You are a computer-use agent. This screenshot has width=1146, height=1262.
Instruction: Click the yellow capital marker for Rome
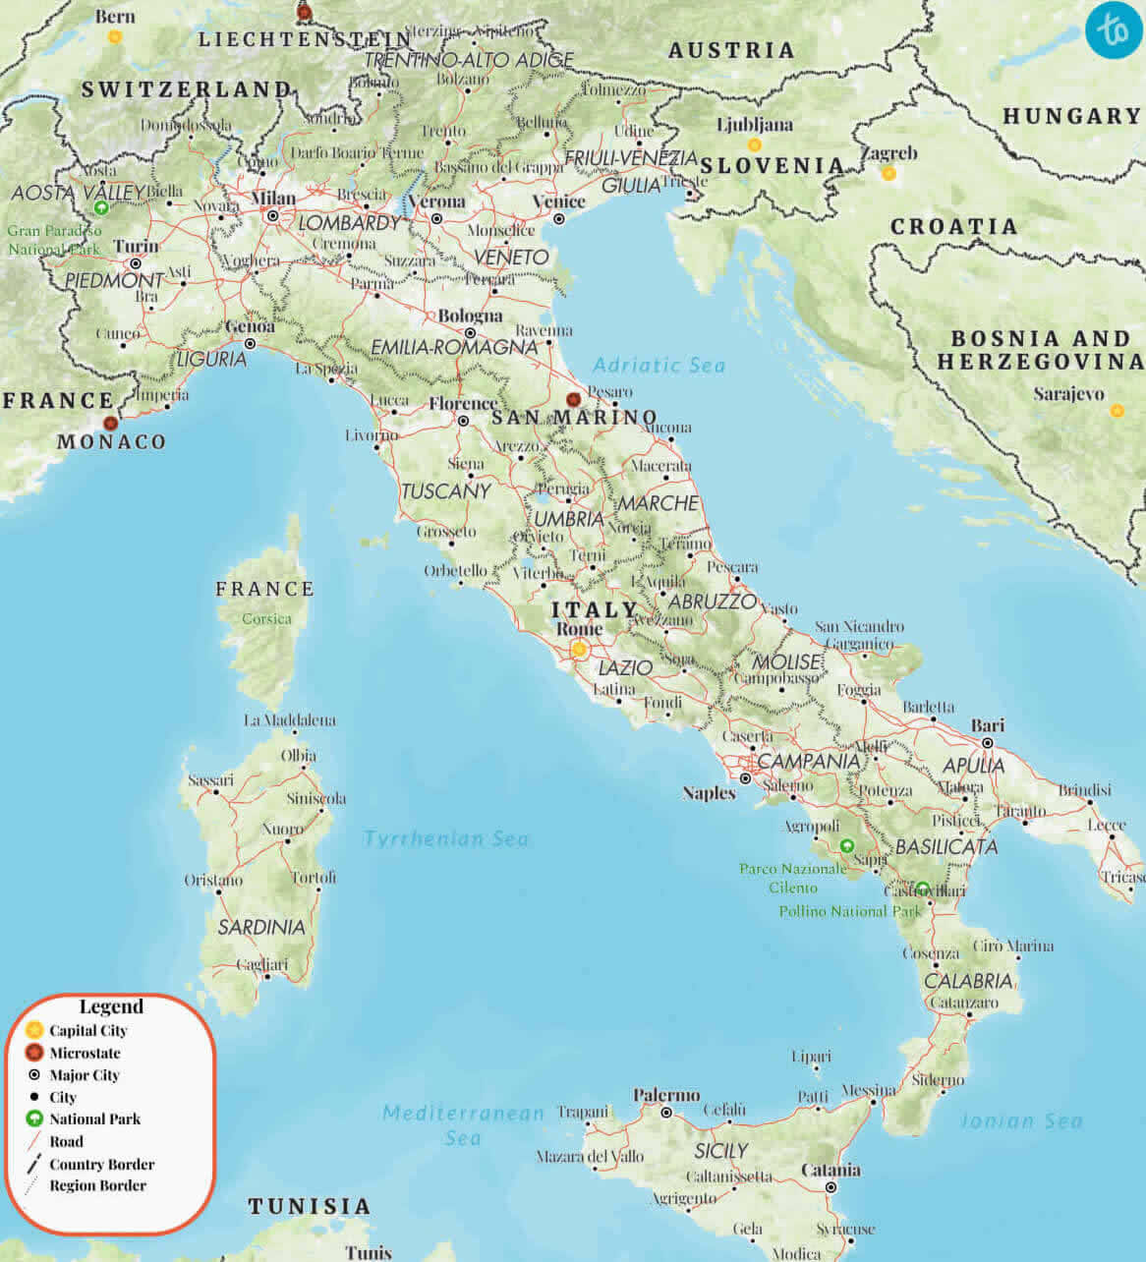[x=579, y=649]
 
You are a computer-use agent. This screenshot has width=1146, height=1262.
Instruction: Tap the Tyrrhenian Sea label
[x=446, y=838]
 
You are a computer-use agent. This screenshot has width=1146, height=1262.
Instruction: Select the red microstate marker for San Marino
[x=573, y=400]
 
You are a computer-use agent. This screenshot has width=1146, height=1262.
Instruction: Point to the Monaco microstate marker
[x=110, y=423]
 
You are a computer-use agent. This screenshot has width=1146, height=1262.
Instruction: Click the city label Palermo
[x=666, y=1095]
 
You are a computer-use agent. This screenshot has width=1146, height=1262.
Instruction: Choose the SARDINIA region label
[x=261, y=927]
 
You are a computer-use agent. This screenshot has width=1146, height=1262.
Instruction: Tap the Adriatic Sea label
[x=659, y=366]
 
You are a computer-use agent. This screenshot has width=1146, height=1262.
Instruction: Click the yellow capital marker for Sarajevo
[x=1117, y=411]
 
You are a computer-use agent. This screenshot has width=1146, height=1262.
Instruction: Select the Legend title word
[x=111, y=1006]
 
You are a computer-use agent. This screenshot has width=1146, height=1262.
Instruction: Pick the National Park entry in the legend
[x=94, y=1119]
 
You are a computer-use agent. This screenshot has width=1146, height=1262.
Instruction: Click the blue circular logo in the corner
[x=1115, y=29]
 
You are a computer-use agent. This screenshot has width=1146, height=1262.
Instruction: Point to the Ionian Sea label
[x=1021, y=1120]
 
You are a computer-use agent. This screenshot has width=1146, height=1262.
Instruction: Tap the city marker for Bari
[x=988, y=742]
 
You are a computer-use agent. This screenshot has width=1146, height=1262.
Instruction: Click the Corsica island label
[x=267, y=618]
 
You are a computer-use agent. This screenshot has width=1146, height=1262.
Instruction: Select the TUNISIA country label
[x=310, y=1206]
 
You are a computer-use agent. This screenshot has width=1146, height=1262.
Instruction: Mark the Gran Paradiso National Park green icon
[x=100, y=207]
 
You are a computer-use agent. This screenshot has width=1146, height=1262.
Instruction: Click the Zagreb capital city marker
[x=888, y=173]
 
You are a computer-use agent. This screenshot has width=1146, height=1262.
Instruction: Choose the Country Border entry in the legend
[x=101, y=1164]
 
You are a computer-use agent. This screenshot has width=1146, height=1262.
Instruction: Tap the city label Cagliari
[x=262, y=965]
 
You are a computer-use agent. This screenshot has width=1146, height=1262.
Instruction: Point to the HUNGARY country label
[x=1071, y=116]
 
